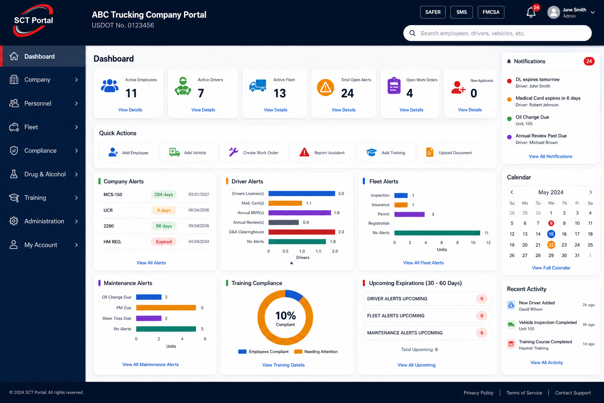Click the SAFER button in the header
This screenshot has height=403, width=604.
pos(433,12)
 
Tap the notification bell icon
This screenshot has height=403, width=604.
pos(530,13)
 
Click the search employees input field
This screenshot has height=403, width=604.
pos(497,33)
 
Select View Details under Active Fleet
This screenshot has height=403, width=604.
pos(275,110)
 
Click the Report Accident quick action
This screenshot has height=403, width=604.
pos(322,153)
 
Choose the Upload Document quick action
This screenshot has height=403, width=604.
pos(449,153)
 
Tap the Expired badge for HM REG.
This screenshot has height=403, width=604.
pos(164,242)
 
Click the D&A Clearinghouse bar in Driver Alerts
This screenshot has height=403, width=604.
pos(302,232)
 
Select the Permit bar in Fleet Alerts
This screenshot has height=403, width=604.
pos(409,214)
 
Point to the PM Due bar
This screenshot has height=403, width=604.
pos(166,308)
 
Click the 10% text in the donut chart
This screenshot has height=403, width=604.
pos(285,315)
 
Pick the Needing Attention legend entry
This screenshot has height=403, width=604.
pos(316,351)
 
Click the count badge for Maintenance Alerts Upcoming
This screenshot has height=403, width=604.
pos(482,333)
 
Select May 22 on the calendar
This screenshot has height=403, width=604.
pos(551,245)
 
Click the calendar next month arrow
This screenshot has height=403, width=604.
pos(591,192)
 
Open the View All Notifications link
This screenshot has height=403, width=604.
pos(551,156)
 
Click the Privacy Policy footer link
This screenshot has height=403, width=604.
pos(478,393)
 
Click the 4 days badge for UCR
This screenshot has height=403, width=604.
pos(164,210)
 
